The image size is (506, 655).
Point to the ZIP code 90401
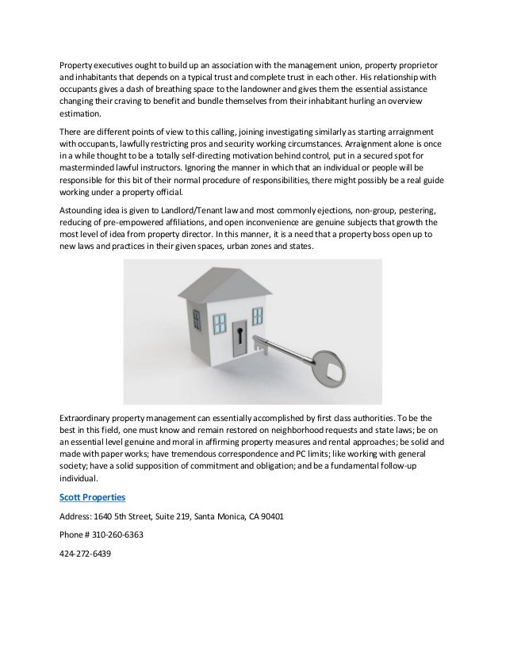tap(271, 515)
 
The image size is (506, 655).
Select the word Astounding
tap(84, 210)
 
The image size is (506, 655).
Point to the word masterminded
tap(93, 169)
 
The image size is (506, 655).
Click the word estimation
tap(82, 114)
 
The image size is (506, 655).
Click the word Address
tap(78, 515)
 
